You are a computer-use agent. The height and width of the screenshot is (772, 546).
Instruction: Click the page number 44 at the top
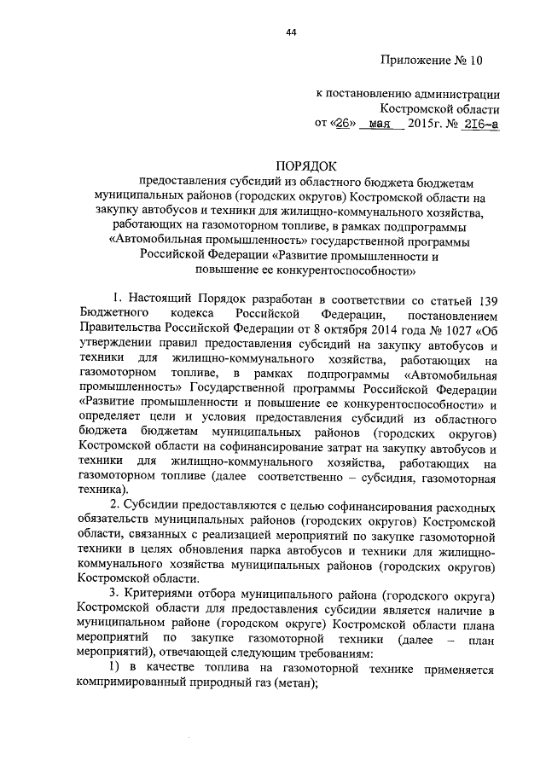(291, 32)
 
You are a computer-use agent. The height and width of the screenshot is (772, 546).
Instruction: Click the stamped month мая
(379, 124)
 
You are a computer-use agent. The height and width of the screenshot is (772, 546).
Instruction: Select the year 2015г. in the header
(427, 124)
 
